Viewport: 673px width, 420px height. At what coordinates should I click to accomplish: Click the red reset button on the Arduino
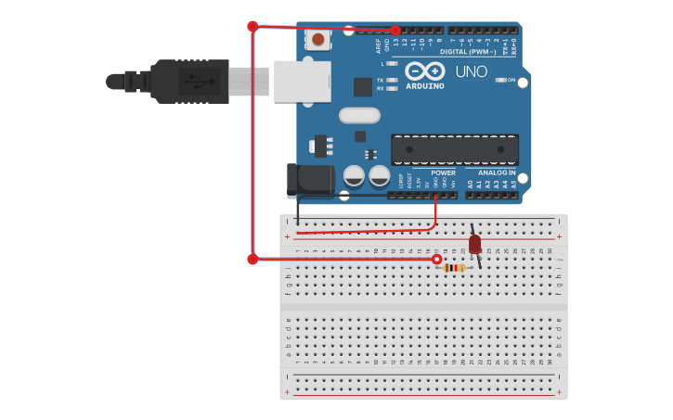click(318, 39)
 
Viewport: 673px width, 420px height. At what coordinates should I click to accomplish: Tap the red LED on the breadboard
click(474, 244)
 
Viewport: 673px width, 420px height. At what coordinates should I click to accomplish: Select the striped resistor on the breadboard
click(454, 267)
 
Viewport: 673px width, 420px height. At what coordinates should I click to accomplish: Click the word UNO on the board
click(471, 71)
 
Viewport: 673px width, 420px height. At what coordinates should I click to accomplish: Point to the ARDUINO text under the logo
click(425, 86)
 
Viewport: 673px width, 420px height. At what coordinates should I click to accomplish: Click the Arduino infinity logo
click(425, 70)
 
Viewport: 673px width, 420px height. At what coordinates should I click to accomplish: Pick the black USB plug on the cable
click(189, 82)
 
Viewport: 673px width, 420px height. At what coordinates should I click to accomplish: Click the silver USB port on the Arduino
click(302, 82)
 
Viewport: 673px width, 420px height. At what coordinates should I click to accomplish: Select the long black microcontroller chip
click(454, 149)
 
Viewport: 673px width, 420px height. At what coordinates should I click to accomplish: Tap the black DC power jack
click(309, 180)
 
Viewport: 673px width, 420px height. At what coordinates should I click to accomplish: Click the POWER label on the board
click(443, 172)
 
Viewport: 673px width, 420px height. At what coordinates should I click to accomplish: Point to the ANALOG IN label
click(497, 172)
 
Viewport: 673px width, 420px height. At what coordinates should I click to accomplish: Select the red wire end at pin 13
click(395, 31)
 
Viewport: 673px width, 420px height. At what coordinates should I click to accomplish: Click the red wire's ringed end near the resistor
click(436, 260)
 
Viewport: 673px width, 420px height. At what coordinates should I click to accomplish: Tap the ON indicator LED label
click(511, 80)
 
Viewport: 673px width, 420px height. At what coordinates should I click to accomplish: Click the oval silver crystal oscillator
click(359, 115)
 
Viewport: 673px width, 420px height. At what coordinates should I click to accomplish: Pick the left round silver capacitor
click(354, 174)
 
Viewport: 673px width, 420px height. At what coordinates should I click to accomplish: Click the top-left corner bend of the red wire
click(252, 26)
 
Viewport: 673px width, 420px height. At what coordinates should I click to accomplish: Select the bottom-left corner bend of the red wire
click(252, 260)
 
